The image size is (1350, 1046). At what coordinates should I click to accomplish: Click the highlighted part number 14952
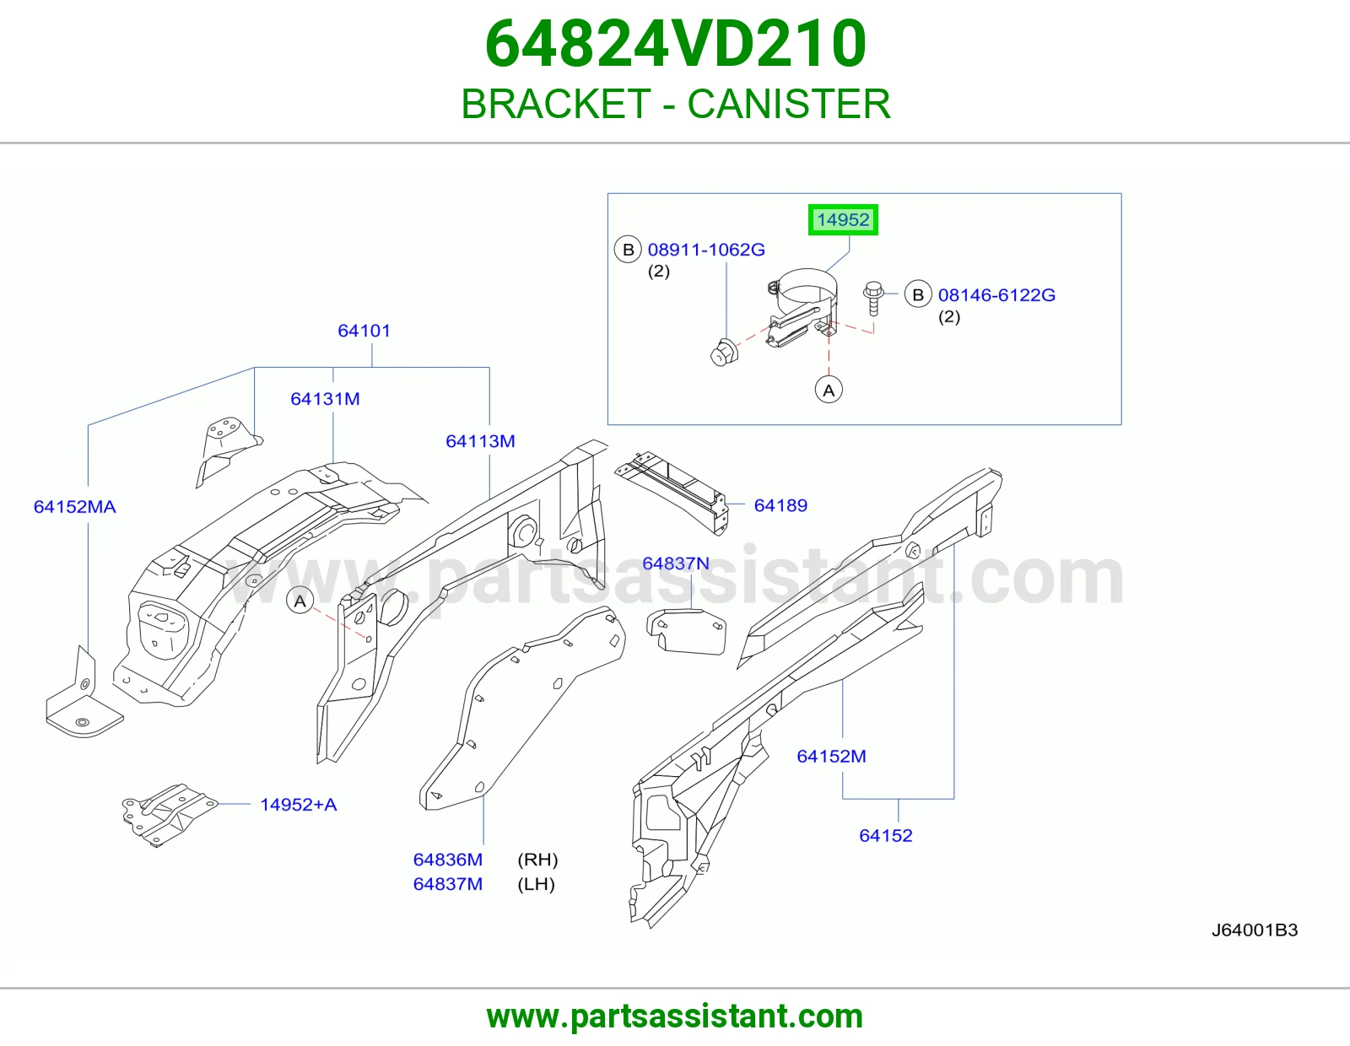point(842,220)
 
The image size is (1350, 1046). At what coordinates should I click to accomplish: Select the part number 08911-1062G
point(706,250)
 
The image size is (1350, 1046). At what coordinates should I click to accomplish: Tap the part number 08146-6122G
point(996,295)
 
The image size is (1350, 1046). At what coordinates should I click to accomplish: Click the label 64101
point(364,331)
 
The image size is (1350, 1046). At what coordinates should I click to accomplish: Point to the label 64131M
point(325,399)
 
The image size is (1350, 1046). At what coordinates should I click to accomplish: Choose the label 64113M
point(480,441)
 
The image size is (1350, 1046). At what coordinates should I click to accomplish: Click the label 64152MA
point(74,507)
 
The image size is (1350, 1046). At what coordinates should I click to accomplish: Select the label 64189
point(780,505)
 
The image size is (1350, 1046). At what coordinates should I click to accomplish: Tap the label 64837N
point(675,563)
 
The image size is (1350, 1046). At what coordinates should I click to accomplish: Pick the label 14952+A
point(298,805)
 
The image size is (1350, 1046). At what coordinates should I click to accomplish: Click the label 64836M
point(448,860)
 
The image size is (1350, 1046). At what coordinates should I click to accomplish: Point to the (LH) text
point(536,884)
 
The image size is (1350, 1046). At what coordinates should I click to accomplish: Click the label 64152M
point(831,757)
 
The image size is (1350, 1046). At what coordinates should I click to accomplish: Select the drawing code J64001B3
point(1255,930)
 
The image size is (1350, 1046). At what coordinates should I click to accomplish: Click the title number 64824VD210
point(675,44)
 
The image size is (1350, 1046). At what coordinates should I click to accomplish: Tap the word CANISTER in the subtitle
point(789,104)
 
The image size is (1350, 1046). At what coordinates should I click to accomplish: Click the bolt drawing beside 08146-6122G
point(873,299)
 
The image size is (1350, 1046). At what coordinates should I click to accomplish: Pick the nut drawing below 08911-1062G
point(724,353)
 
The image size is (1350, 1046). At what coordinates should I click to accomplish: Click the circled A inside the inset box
point(829,390)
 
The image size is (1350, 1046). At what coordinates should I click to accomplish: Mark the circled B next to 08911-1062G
point(628,250)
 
